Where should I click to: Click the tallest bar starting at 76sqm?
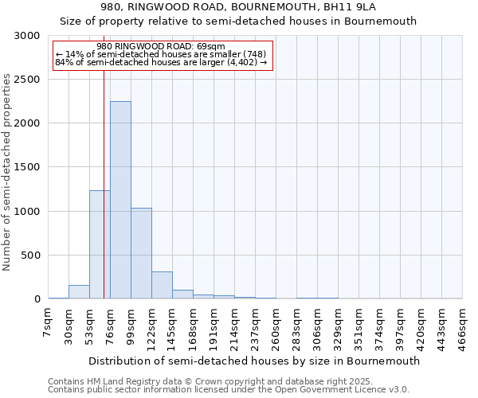click(120, 200)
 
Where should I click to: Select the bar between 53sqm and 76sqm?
click(100, 244)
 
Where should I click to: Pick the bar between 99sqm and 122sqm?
click(141, 253)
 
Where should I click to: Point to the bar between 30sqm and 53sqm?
click(79, 292)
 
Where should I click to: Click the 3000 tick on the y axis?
click(28, 36)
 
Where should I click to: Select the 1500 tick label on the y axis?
click(28, 168)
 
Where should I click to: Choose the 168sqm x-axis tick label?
click(193, 325)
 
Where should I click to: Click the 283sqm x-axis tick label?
click(296, 325)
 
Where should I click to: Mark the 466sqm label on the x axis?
click(462, 325)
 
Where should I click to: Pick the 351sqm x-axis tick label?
click(358, 325)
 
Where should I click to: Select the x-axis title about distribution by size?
click(253, 361)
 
